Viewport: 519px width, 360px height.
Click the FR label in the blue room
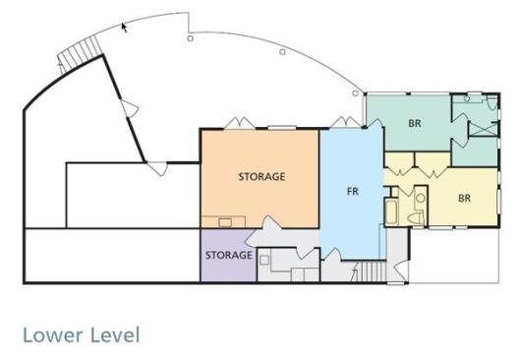(x=353, y=192)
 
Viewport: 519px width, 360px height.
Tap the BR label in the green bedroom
(x=415, y=124)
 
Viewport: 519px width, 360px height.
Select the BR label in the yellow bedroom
(x=464, y=198)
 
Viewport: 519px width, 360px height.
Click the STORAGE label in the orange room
(x=261, y=177)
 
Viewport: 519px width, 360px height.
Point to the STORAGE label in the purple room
(x=229, y=255)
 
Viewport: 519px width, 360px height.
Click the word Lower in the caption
(x=53, y=334)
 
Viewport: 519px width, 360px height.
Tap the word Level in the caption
(x=115, y=334)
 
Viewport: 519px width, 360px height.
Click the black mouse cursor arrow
(x=124, y=28)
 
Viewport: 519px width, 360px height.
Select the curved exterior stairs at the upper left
(x=79, y=54)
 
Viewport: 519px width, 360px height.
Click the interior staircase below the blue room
(x=369, y=271)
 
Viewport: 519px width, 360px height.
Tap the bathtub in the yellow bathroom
(x=391, y=211)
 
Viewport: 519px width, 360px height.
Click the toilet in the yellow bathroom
(x=417, y=218)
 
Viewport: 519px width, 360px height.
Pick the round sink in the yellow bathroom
(x=421, y=199)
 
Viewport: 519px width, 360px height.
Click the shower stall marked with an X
(x=484, y=129)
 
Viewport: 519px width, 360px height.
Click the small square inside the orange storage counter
(x=225, y=222)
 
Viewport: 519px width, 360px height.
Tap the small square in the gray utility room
(x=264, y=261)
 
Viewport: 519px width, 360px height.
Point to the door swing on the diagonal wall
(x=130, y=108)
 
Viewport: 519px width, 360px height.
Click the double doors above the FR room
(x=346, y=122)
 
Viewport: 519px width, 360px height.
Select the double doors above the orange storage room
(x=240, y=123)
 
